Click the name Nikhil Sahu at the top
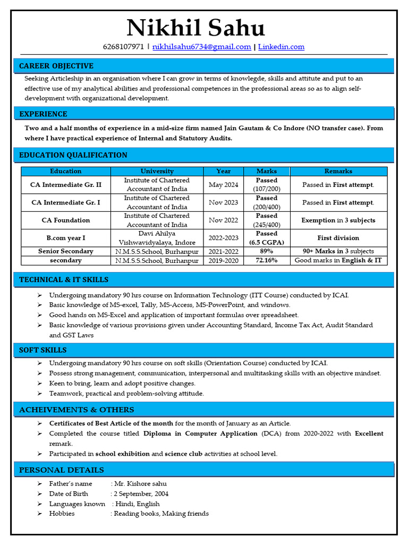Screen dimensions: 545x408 click(195, 28)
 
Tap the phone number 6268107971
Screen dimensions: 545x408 click(123, 47)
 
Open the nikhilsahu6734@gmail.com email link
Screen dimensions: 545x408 click(202, 47)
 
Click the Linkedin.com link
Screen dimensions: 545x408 click(282, 47)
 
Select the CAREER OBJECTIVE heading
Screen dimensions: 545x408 click(56, 66)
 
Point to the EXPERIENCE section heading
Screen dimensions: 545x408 click(44, 114)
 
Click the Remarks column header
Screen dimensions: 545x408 click(338, 171)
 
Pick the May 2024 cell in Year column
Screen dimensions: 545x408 click(223, 185)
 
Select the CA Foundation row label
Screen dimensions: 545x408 click(66, 220)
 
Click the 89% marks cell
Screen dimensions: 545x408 click(267, 251)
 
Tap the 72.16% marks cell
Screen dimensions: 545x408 click(267, 261)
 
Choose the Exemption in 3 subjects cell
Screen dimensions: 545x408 click(338, 220)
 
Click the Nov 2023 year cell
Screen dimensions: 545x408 click(223, 203)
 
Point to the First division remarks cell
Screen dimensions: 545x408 click(338, 238)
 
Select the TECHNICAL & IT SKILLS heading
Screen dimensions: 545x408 click(64, 279)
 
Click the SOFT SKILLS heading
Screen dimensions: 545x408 click(43, 350)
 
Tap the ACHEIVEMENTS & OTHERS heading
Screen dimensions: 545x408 click(76, 410)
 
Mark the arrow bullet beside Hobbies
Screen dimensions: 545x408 click(40, 514)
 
